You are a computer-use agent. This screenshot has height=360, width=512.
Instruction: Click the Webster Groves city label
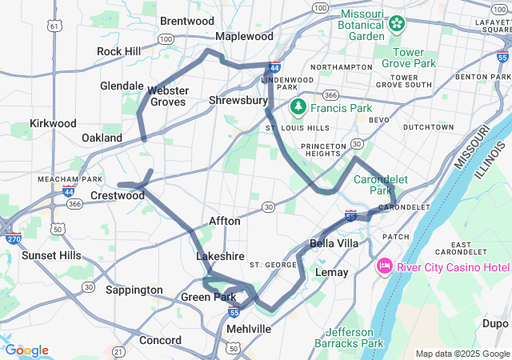[x=166, y=96]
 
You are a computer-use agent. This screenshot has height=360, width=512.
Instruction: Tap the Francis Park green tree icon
[x=298, y=106]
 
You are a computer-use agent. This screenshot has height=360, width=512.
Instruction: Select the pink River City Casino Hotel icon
[x=383, y=266]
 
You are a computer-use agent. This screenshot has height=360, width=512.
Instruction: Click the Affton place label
[x=224, y=221]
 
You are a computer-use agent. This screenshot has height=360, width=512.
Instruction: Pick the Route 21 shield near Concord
[x=118, y=351]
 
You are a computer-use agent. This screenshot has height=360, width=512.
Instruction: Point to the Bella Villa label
[x=334, y=243]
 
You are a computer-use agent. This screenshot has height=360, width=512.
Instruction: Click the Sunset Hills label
[x=51, y=255]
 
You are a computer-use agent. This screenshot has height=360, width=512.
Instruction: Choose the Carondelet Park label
[x=374, y=185]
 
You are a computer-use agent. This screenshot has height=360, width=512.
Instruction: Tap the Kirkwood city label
[x=53, y=123]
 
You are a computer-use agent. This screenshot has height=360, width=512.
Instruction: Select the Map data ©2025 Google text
[x=462, y=354]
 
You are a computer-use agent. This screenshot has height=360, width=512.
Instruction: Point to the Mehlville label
[x=249, y=329]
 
